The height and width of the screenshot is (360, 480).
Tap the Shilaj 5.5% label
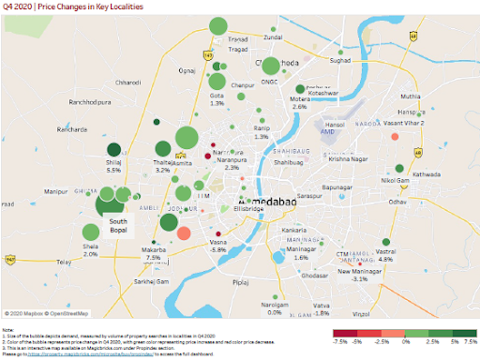113,166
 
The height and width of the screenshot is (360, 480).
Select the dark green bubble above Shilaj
113,149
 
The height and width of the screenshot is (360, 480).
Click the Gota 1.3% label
217,99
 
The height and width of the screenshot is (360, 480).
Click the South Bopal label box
118,228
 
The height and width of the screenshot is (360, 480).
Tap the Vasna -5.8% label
218,246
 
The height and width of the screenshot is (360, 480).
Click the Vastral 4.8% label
386,256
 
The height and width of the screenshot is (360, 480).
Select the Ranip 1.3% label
262,133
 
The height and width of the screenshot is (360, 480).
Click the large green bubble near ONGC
271,66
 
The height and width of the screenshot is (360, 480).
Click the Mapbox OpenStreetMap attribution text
47,313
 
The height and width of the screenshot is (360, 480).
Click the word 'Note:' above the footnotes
8,330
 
